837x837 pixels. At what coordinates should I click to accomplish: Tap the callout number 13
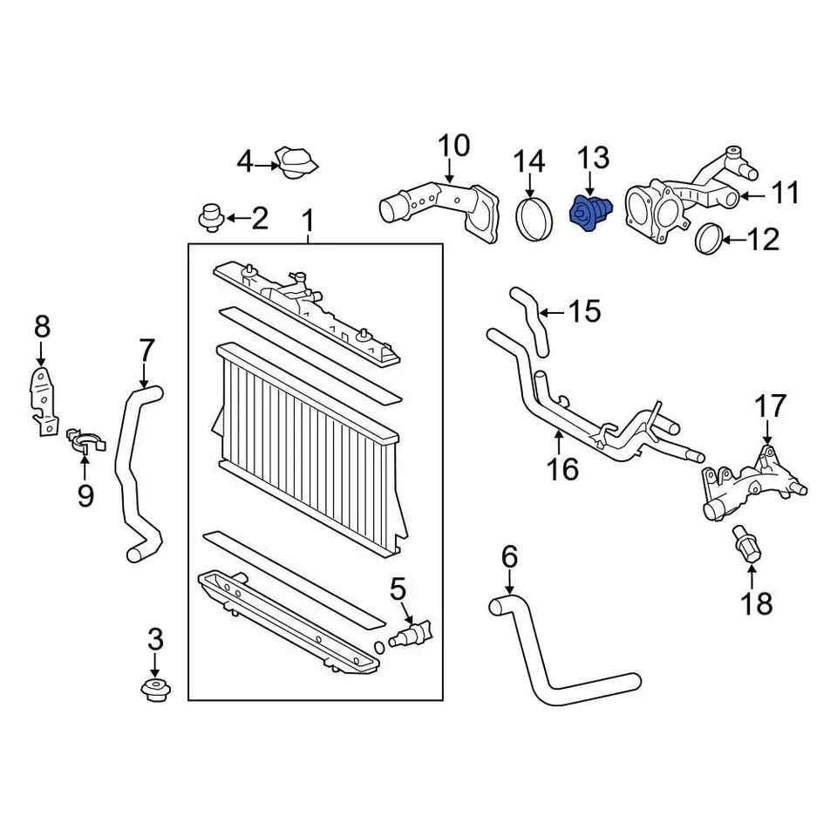(592, 159)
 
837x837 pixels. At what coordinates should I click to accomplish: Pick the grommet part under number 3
(154, 691)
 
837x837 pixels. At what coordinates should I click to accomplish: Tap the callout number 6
(509, 555)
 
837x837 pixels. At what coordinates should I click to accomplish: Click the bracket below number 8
(41, 399)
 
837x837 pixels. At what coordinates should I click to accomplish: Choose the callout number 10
(453, 146)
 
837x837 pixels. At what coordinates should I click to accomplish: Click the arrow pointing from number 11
(755, 194)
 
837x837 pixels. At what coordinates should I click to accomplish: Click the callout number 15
(585, 311)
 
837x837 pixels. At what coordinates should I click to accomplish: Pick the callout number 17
(770, 405)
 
